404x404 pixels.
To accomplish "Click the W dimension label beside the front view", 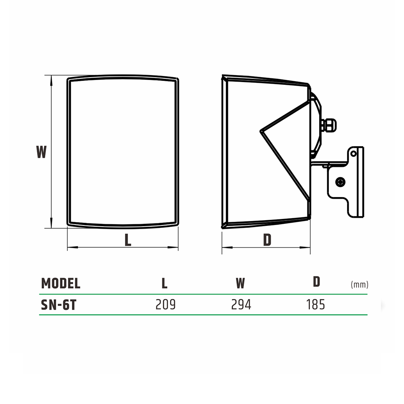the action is pos(41,152).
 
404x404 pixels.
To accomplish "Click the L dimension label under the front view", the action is pos(128,240).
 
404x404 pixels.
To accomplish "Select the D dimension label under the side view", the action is pos(267,240).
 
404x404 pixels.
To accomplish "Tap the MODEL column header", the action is pos(61,283).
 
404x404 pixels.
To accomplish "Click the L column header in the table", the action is pos(164,283).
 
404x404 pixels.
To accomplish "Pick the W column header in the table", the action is pos(240,283).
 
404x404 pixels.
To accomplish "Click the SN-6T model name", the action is pos(59,305).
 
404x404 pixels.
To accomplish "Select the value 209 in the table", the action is pos(165,305).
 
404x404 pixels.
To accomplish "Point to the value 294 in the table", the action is pos(241,305).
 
